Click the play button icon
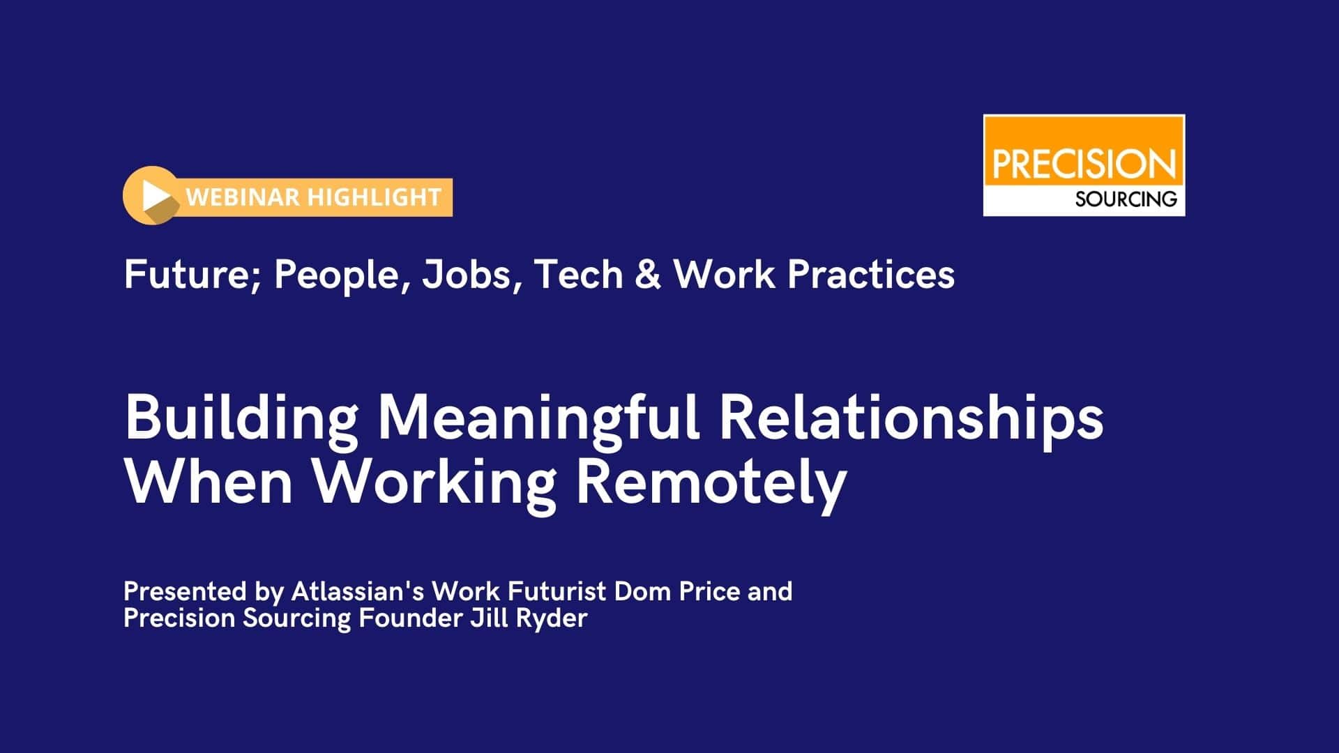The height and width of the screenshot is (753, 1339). [x=151, y=195]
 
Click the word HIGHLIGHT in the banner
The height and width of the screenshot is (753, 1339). [x=374, y=197]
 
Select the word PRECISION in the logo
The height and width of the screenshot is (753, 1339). [x=1084, y=165]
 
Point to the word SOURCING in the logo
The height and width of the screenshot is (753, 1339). [x=1126, y=199]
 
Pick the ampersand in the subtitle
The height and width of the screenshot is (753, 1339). [x=648, y=274]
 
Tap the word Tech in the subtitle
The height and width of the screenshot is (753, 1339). [x=578, y=274]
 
